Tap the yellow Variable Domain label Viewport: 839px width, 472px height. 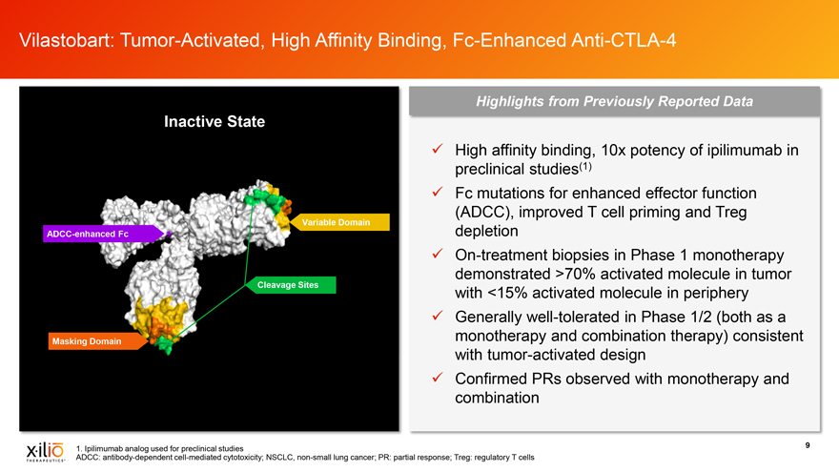[x=339, y=222]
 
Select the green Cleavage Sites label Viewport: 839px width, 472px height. [x=291, y=285]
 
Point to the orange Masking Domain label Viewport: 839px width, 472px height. [x=97, y=341]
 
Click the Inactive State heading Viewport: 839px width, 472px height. [x=215, y=121]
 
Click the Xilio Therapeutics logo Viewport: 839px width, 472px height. [x=46, y=452]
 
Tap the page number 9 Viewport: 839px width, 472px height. [x=808, y=445]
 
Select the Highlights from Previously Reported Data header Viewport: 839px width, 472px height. [x=614, y=101]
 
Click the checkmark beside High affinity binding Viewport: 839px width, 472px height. [x=438, y=149]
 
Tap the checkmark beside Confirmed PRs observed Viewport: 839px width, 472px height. [x=438, y=378]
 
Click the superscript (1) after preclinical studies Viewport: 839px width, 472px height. [x=585, y=167]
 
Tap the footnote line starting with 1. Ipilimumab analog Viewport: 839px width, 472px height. [x=159, y=448]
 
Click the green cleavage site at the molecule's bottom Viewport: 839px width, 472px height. [x=164, y=343]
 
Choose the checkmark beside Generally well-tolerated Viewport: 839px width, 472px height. [x=438, y=316]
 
